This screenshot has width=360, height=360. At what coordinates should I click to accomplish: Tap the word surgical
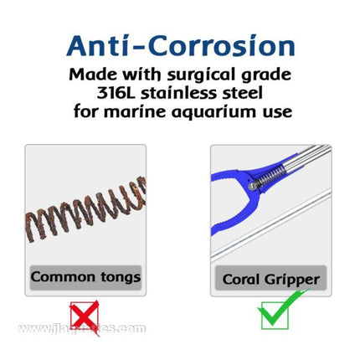coord(188,74)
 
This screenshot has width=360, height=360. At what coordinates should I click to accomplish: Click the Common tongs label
coord(85,277)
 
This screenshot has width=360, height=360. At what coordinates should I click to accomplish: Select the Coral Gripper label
coord(270,279)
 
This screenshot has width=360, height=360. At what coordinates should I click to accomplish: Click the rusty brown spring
coord(84,210)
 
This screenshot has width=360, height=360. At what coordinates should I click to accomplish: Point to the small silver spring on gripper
coord(269,177)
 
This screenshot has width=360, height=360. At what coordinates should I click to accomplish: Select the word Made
coord(91,74)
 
